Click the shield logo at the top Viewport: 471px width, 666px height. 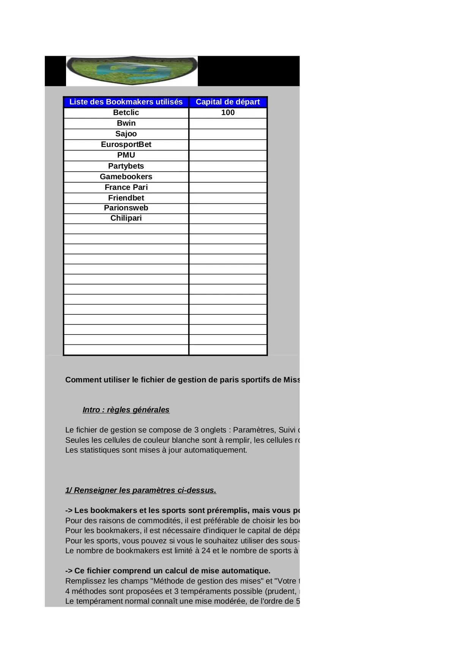(x=132, y=71)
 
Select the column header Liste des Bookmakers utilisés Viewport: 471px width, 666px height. (x=126, y=102)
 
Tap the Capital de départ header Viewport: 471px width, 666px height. (x=228, y=102)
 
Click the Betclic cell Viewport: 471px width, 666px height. (x=126, y=112)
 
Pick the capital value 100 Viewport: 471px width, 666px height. (x=228, y=112)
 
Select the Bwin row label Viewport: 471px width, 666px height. (x=126, y=123)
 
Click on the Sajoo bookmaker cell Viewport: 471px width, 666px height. (x=126, y=134)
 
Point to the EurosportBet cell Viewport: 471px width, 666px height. (x=126, y=144)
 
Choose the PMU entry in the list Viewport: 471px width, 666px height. (x=126, y=155)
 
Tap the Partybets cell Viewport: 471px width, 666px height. (x=126, y=166)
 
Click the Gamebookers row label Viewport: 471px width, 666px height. (x=126, y=177)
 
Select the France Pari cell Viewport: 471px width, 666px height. (x=126, y=187)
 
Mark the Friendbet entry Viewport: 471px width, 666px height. (x=126, y=198)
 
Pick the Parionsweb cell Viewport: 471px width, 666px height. (x=126, y=208)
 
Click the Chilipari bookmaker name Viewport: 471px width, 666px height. (x=126, y=218)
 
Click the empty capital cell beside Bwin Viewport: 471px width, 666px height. (x=228, y=123)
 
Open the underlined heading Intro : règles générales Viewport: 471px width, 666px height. (x=126, y=410)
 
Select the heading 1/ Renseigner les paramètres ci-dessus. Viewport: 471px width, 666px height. (x=140, y=490)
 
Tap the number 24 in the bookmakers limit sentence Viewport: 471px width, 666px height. (x=206, y=551)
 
